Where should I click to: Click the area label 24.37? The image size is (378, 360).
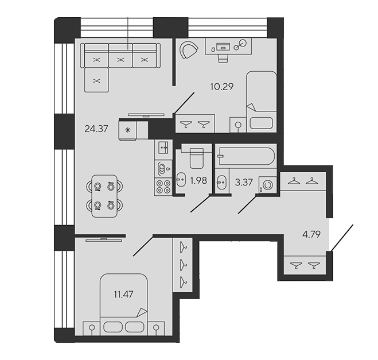(96, 129)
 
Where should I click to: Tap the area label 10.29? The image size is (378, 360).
(222, 86)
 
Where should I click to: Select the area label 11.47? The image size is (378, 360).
(123, 295)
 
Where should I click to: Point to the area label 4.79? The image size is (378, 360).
(311, 234)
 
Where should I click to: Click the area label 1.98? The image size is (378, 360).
(198, 180)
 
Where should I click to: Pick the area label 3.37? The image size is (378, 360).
(244, 182)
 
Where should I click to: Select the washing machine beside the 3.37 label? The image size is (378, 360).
(268, 185)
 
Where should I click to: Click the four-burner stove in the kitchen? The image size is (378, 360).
(163, 187)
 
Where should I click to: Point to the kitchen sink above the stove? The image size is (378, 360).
(163, 148)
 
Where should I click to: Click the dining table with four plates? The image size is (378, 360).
(104, 196)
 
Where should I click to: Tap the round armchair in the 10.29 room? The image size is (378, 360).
(189, 50)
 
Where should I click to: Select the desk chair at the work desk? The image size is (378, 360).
(223, 58)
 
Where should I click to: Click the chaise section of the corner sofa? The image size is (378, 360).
(96, 80)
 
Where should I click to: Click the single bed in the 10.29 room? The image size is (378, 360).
(262, 102)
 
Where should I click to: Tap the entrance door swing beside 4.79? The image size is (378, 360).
(342, 238)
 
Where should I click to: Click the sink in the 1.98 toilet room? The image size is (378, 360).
(181, 180)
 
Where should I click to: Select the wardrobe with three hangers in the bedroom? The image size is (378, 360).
(183, 265)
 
